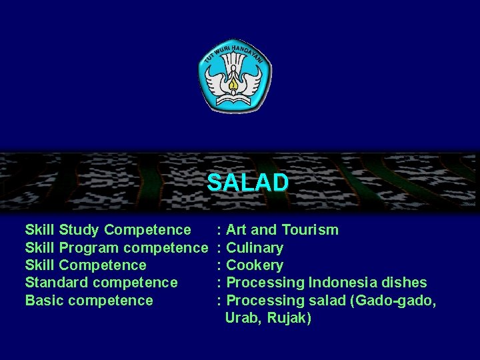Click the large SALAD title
247,182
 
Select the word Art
237,230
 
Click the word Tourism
310,230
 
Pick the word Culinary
255,248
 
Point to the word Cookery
255,265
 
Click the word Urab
243,318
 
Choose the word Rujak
289,318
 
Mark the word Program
90,248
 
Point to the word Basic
44,301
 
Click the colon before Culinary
220,249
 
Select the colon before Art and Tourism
220,231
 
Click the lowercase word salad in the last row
327,301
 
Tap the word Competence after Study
147,231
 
